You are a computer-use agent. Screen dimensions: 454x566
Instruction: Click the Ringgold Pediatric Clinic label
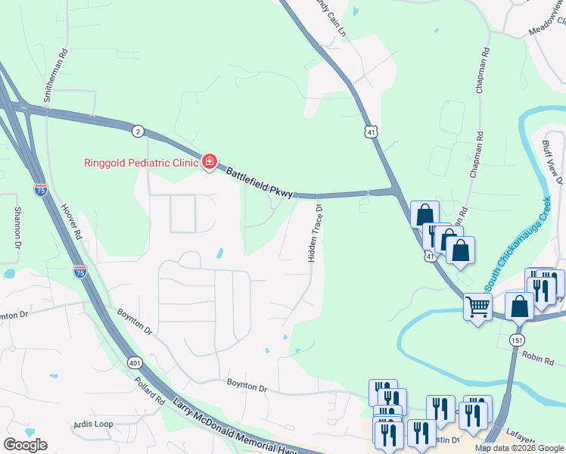click(x=140, y=161)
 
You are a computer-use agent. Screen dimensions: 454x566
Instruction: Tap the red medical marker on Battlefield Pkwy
click(x=209, y=160)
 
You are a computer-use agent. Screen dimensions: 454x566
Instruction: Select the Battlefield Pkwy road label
click(x=259, y=183)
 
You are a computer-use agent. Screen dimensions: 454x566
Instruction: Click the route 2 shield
click(x=137, y=131)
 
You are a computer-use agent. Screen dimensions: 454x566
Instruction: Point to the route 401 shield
click(x=135, y=362)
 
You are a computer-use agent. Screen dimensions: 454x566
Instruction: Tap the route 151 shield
click(x=517, y=340)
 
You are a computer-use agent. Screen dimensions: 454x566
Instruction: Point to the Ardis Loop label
click(x=93, y=424)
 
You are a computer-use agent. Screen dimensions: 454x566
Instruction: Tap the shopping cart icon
click(x=477, y=306)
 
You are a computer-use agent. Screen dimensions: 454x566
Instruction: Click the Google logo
click(x=25, y=445)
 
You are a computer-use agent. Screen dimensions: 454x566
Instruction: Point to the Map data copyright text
click(x=518, y=448)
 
